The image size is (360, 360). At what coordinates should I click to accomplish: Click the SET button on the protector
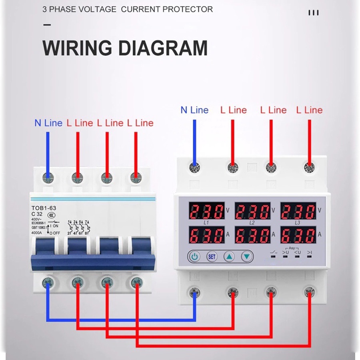tap(212, 256)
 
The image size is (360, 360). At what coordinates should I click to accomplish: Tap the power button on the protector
tap(194, 256)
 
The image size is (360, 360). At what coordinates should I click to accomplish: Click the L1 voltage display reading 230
tap(207, 211)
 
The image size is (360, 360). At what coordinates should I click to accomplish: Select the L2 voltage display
tap(252, 211)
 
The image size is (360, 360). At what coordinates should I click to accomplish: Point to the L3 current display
tap(298, 235)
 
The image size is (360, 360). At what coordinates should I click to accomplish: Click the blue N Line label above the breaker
tap(48, 123)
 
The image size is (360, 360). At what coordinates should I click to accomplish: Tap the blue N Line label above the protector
tap(194, 110)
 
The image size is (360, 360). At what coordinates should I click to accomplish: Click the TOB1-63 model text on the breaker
tap(44, 208)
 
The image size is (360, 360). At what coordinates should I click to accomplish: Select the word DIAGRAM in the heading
tap(163, 48)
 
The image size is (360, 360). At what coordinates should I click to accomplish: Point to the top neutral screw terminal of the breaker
tap(48, 176)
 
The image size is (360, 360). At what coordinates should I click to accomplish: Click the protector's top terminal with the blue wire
tap(195, 167)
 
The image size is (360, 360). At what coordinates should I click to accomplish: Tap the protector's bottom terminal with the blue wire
tap(195, 292)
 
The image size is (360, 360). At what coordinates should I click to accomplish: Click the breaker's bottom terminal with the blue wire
tap(48, 283)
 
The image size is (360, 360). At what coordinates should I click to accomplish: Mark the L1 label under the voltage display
tap(206, 222)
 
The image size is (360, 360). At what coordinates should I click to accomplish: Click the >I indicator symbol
tap(309, 252)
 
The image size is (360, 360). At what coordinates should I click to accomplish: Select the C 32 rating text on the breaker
tap(38, 214)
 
